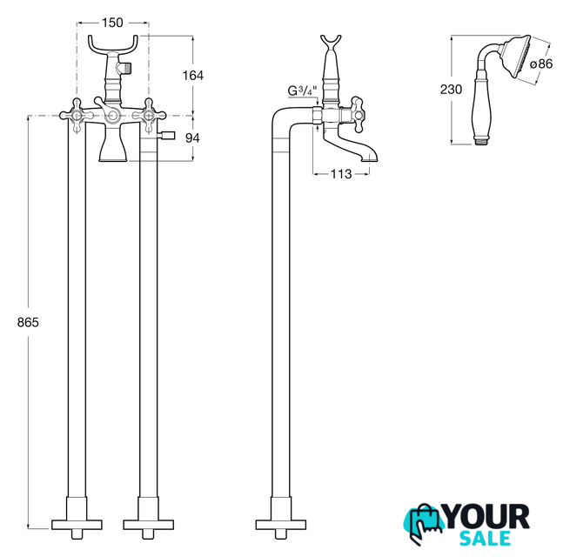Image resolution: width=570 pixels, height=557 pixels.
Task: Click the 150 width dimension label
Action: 112,23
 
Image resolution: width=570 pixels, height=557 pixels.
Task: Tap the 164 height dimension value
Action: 192,76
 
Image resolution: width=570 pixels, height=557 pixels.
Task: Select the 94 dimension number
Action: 192,138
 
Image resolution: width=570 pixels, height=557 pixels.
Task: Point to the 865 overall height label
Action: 28,322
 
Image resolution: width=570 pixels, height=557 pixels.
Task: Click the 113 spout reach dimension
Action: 341,174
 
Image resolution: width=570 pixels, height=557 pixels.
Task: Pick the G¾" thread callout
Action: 303,91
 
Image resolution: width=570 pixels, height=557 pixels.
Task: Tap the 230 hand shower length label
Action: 451,90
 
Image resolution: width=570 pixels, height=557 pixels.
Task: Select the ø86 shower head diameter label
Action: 541,64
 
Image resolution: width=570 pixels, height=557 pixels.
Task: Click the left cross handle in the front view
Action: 77,116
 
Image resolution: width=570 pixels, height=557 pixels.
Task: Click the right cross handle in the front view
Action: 149,116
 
